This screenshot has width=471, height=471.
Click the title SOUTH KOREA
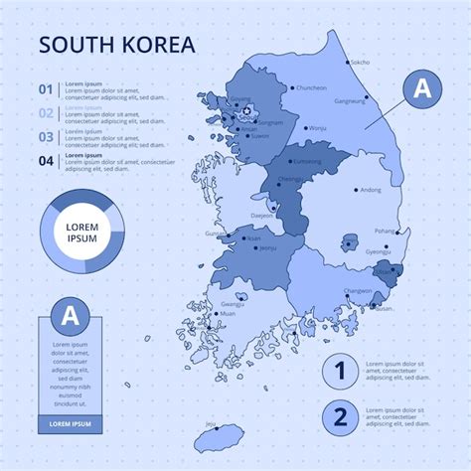pos(116,46)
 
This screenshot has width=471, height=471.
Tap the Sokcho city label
pos(360,62)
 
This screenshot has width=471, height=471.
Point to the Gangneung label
pos(350,100)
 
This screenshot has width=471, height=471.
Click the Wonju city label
pos(318,128)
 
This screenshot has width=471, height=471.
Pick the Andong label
pos(371,189)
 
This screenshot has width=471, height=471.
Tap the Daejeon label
pos(262,215)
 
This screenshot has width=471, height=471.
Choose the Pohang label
pos(384,231)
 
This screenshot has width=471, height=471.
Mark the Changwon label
pos(359,290)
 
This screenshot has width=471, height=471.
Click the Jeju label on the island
pos(211,423)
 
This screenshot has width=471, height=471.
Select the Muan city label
pos(229,313)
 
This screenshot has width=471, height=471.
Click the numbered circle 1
pos(340,372)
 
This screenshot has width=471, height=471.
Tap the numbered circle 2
pos(340,416)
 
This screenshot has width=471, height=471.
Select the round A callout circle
pos(423,88)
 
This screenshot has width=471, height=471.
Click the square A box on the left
pos(70,317)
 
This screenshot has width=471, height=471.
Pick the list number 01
pos(46,89)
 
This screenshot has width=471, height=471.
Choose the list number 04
pos(46,160)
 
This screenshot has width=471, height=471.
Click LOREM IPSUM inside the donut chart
pos(83,233)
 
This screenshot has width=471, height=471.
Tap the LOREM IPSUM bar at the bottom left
pos(70,424)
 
